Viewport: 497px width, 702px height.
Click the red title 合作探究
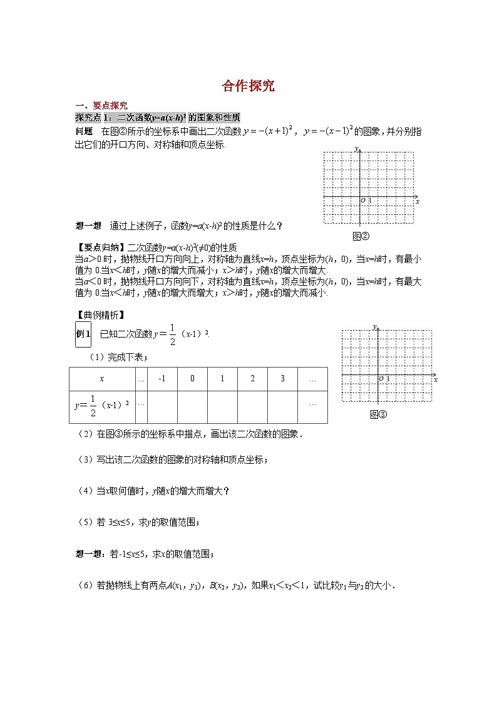(x=248, y=86)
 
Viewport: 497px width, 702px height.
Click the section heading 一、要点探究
(x=101, y=106)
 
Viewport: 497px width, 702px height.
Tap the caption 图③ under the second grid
(x=379, y=414)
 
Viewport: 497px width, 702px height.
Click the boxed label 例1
(x=83, y=334)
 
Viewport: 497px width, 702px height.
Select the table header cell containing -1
(x=161, y=379)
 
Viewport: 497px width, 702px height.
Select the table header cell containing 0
(x=192, y=379)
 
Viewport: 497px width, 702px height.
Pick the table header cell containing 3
(x=282, y=379)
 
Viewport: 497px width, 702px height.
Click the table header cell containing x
(x=102, y=379)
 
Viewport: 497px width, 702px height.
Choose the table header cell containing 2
(x=252, y=379)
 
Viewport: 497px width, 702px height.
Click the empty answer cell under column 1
(x=222, y=408)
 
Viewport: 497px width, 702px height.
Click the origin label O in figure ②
(x=362, y=201)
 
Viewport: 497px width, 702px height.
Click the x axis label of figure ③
(x=435, y=379)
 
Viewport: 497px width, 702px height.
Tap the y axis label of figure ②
(x=355, y=149)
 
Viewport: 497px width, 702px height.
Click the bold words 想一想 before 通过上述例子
(x=88, y=226)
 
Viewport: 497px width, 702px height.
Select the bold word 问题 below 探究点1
(x=84, y=131)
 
